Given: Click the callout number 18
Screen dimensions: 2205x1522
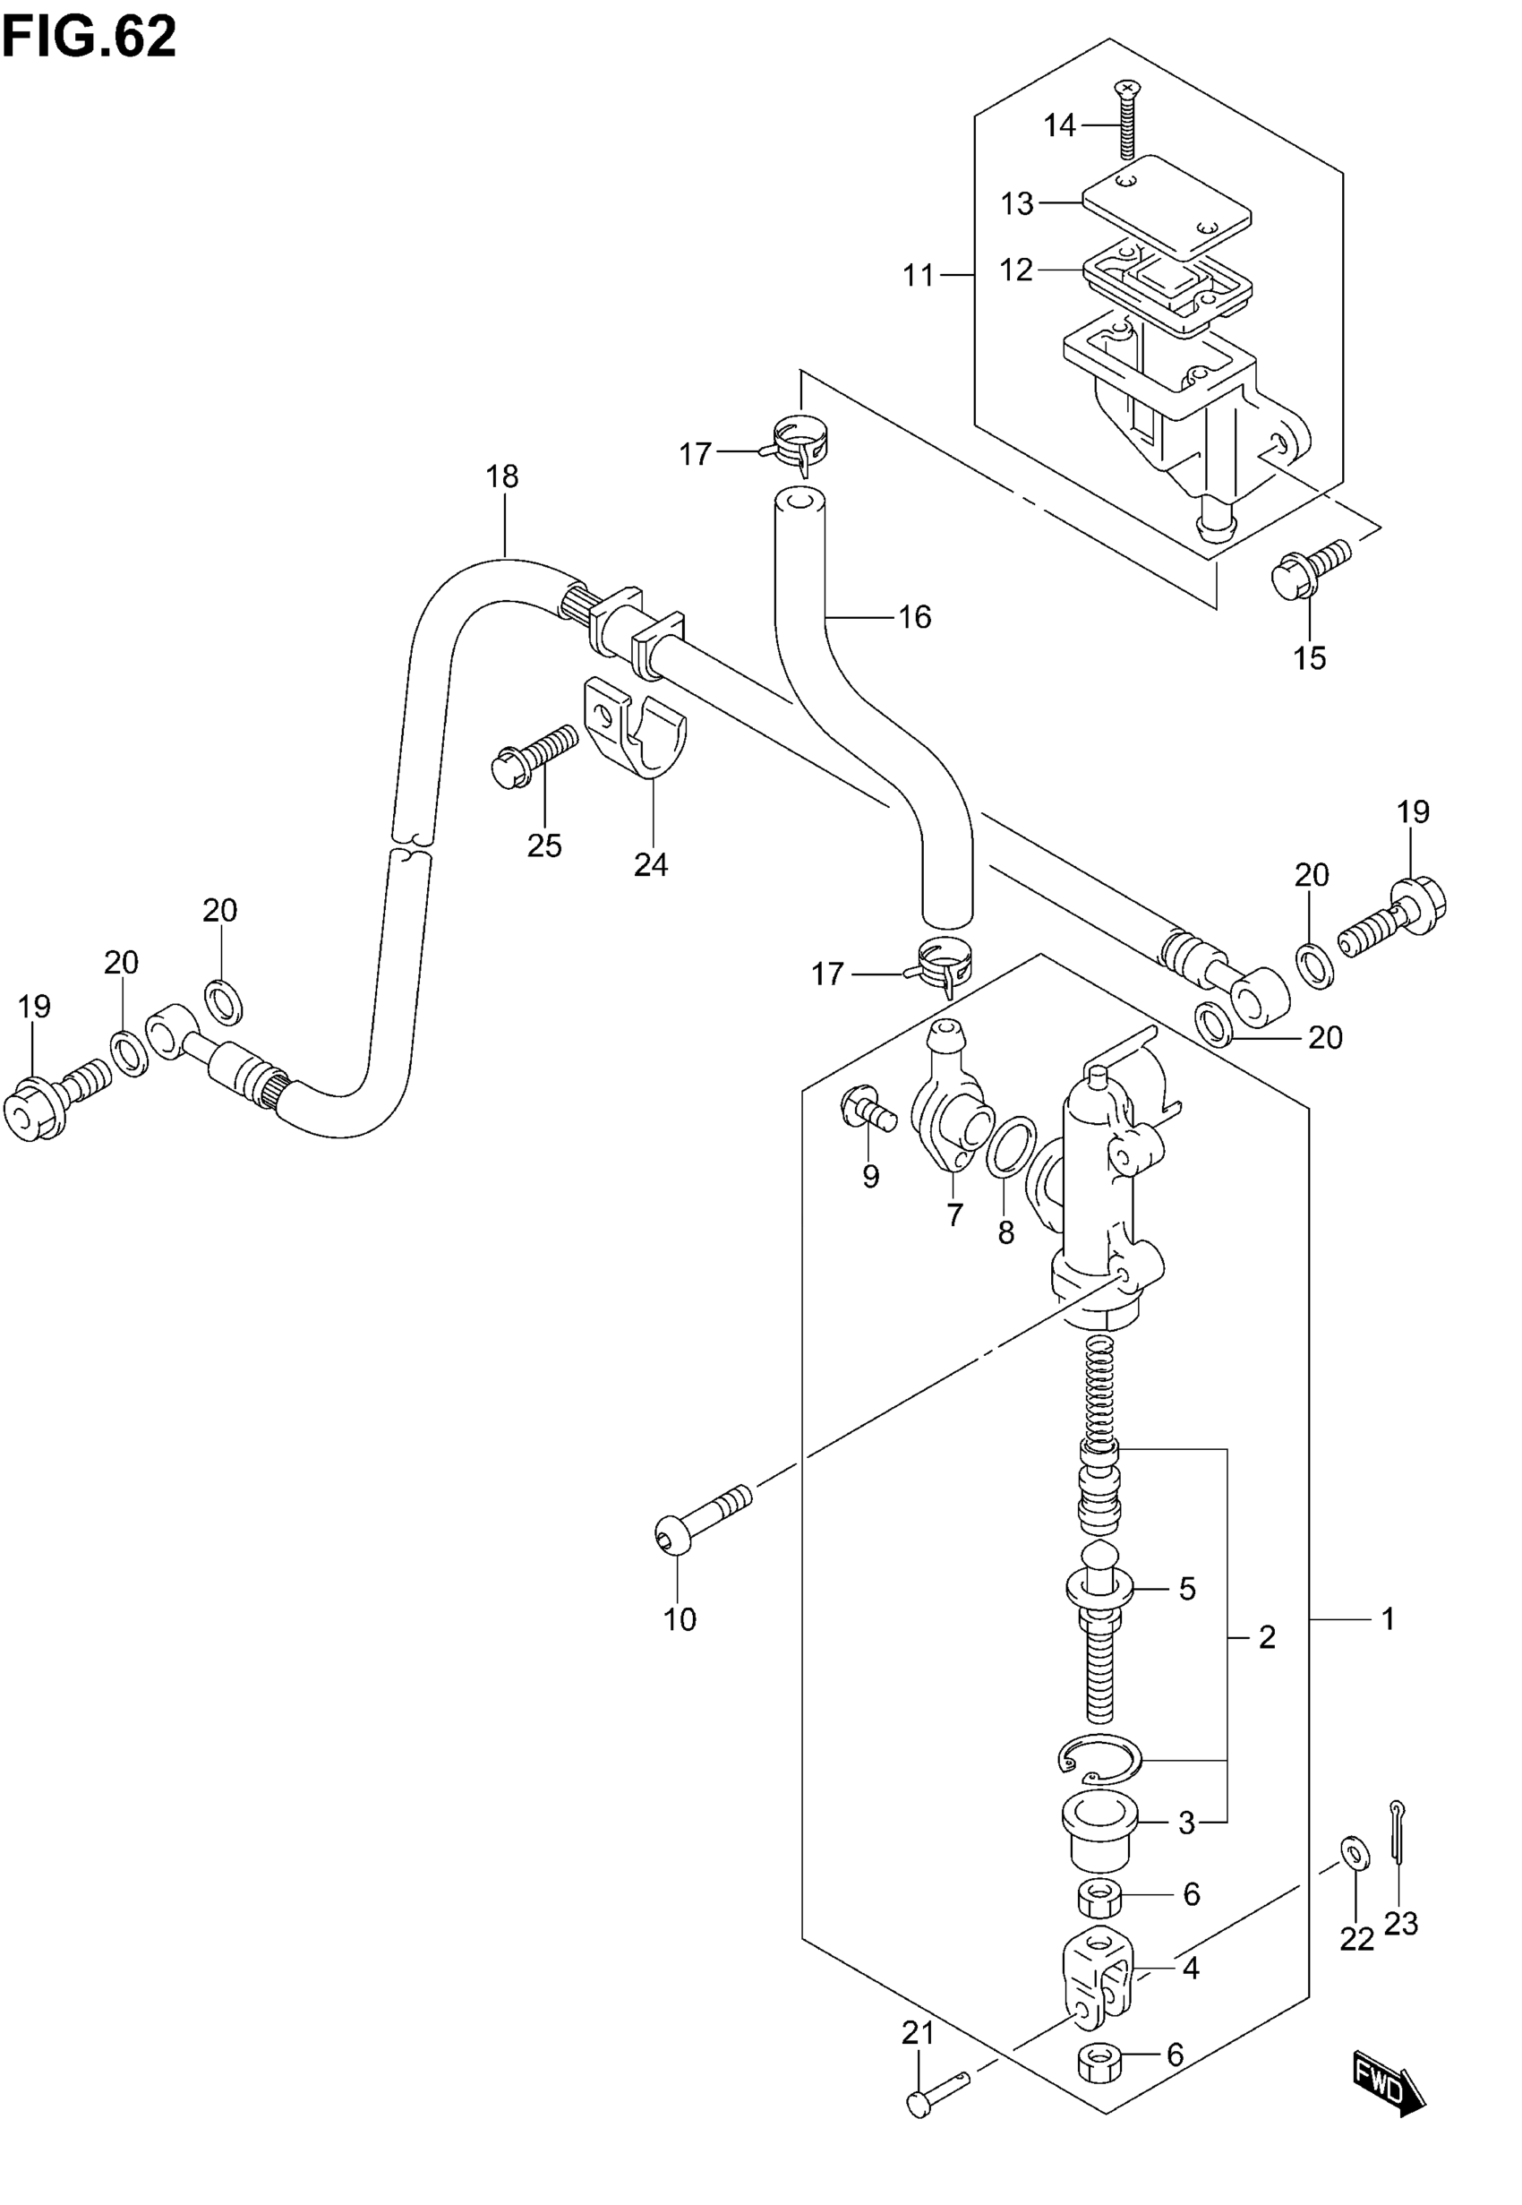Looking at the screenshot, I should [502, 476].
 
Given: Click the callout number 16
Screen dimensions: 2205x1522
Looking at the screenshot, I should [914, 618].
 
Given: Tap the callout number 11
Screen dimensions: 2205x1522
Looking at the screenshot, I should [919, 276].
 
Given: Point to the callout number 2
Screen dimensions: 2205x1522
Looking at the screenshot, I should [1267, 1637].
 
